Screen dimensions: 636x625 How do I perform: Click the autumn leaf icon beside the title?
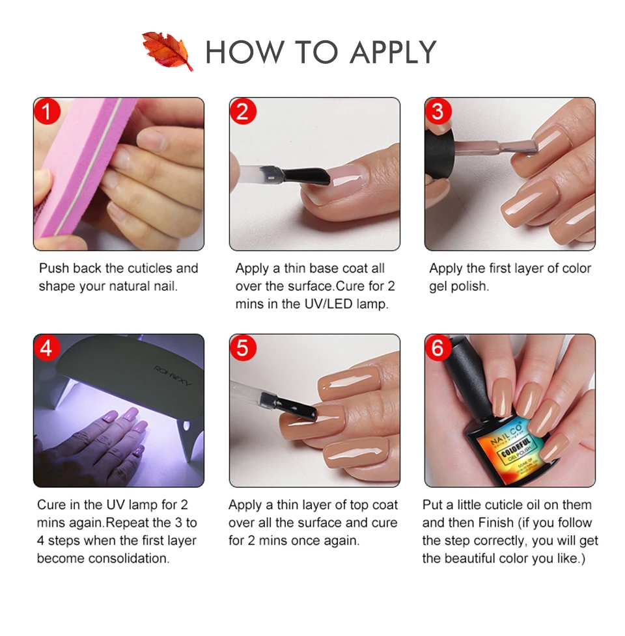168,50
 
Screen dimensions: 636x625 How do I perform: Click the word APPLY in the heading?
393,52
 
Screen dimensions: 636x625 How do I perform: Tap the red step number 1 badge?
47,112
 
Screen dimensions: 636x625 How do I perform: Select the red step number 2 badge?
243,112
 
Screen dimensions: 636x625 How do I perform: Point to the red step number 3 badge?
438,112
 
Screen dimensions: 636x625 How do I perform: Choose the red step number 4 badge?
47,348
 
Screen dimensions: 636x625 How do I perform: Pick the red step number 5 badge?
243,348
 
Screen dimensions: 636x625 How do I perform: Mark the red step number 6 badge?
438,348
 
